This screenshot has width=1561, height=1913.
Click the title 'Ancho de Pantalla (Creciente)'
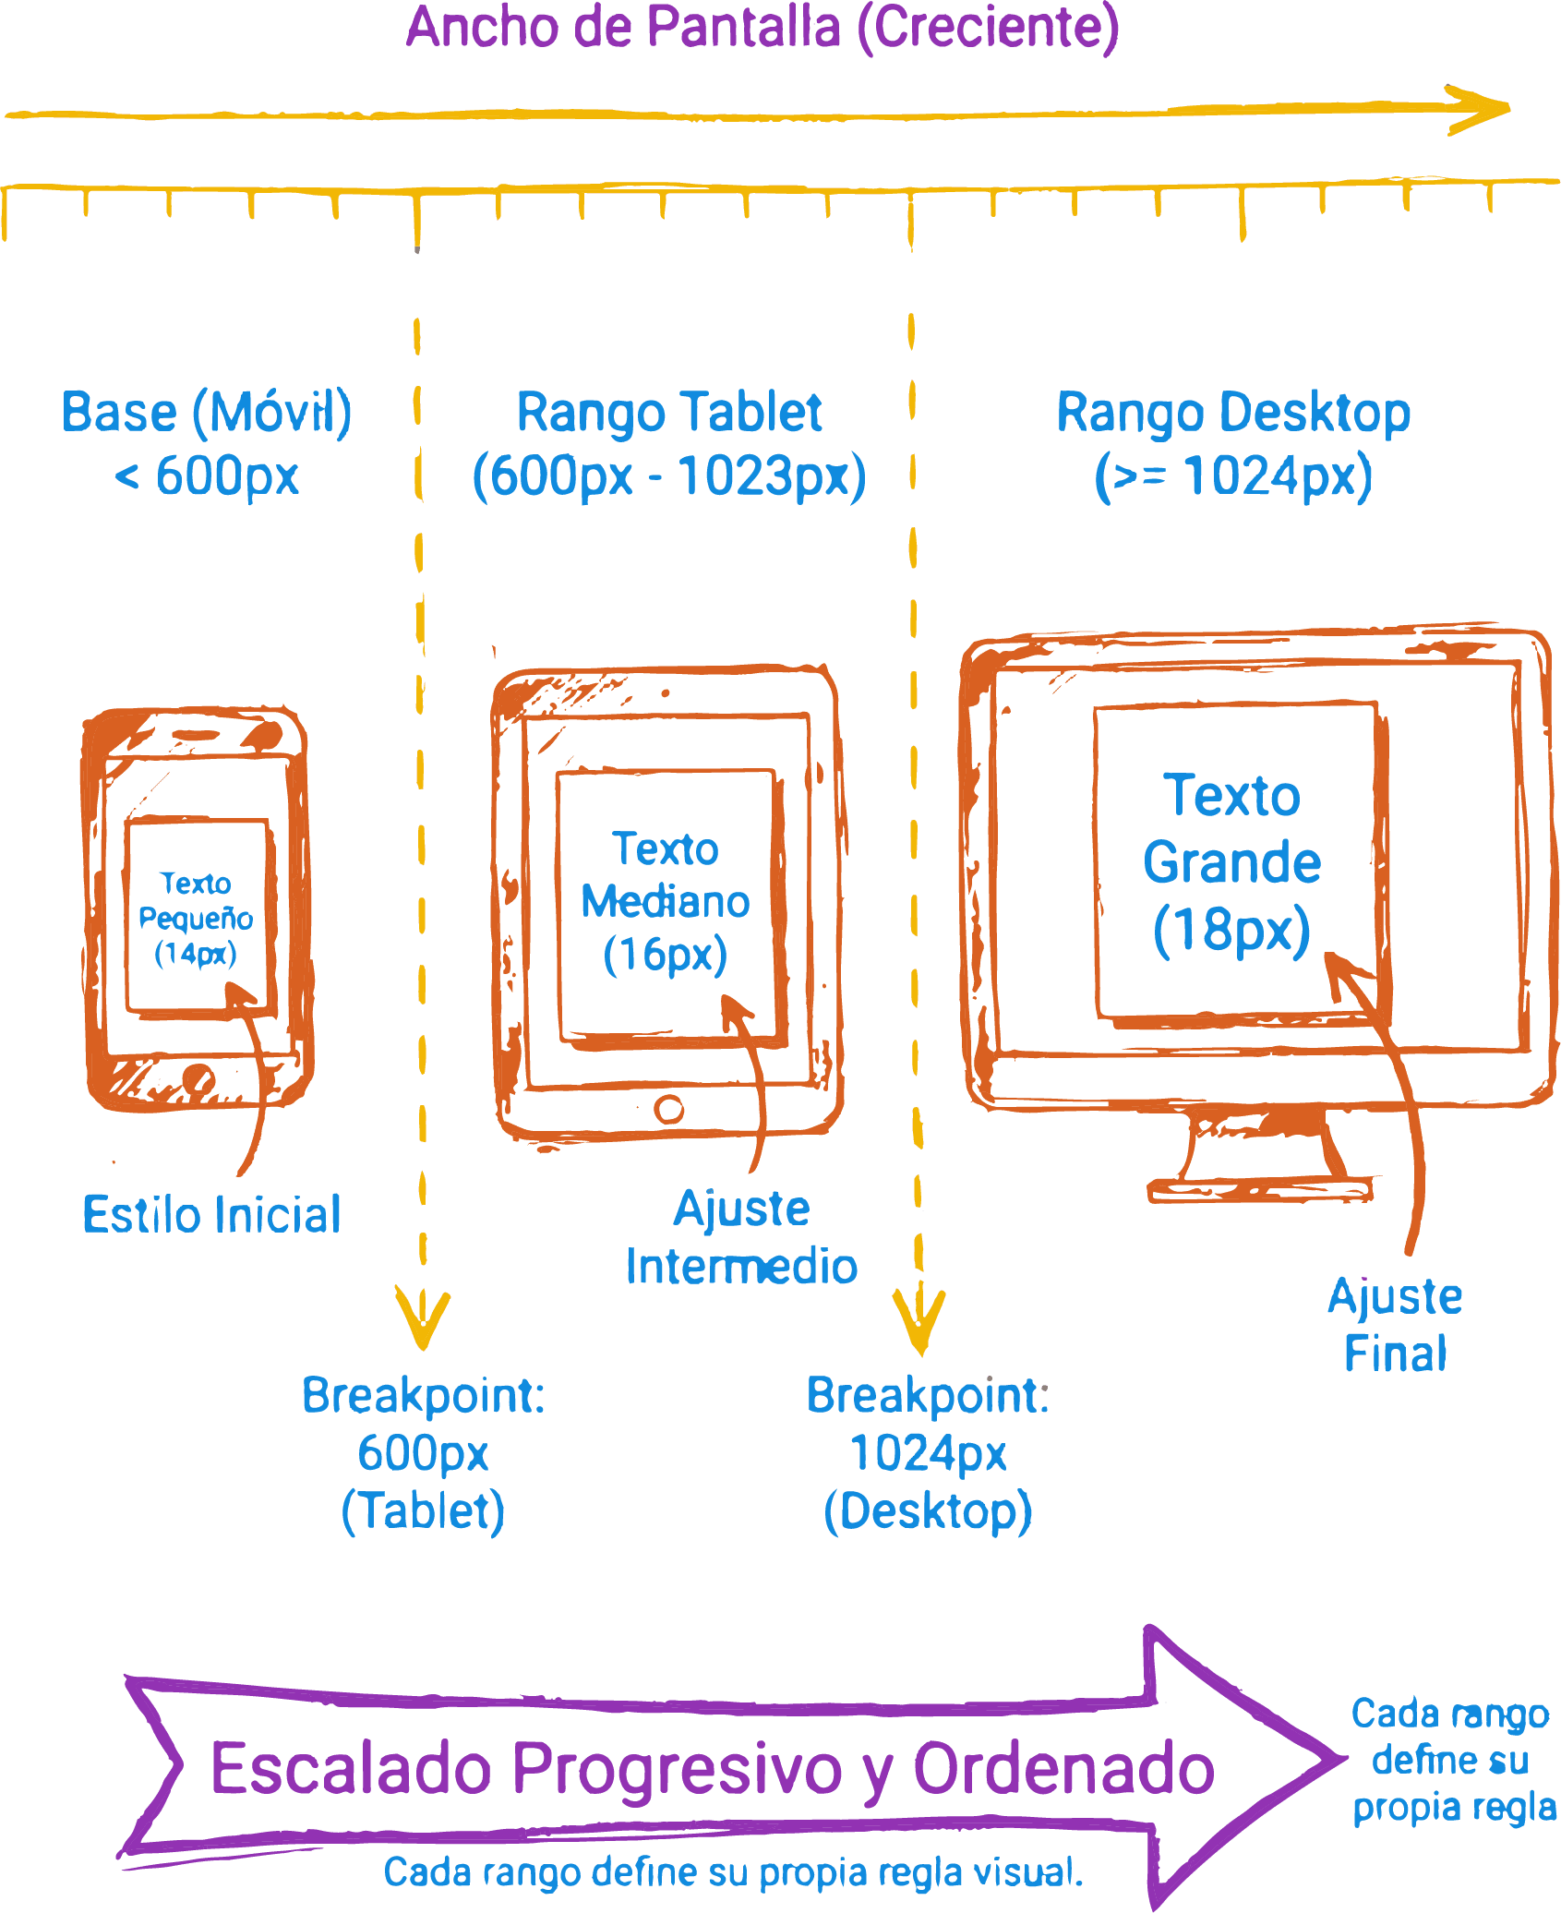pos(762,28)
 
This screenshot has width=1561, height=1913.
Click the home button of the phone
pos(198,1077)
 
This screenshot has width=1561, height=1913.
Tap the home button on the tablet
pos(668,1108)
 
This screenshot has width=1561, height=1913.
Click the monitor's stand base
pos(1260,1188)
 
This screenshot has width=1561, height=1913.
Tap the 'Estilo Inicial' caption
pos(211,1215)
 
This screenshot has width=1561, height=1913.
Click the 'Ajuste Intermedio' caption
pos(741,1237)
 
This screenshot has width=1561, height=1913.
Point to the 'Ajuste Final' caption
pos(1395,1325)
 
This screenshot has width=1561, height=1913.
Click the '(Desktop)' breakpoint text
pos(928,1511)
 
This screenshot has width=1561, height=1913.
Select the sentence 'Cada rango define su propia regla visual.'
pos(733,1872)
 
